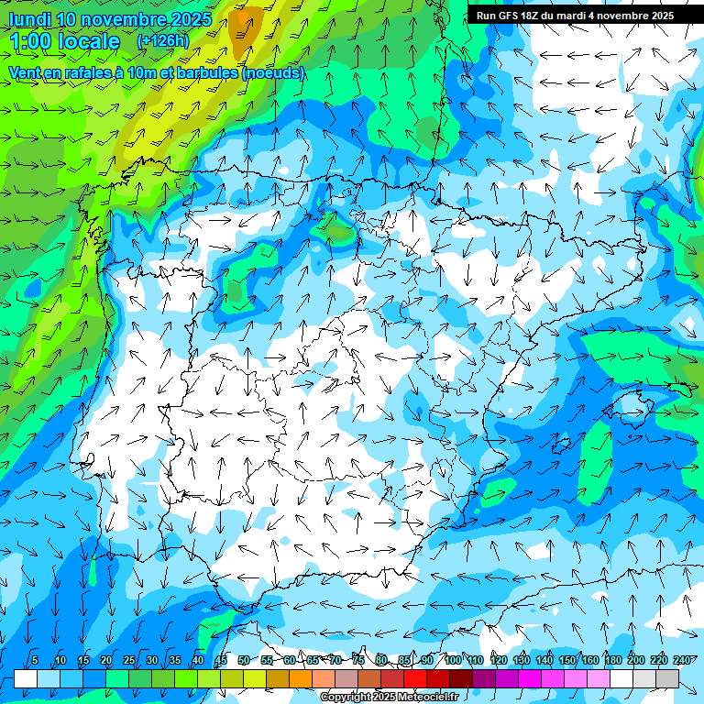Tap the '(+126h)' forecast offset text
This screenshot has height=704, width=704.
164,41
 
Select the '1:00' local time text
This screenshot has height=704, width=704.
30,41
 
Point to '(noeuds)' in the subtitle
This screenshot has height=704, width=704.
273,72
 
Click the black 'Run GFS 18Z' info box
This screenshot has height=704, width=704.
575,15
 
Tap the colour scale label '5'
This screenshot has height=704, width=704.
35,661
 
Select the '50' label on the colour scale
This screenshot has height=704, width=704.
243,661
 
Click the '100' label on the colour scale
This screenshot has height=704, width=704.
453,661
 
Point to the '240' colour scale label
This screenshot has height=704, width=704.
682,661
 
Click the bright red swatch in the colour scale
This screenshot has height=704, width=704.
415,678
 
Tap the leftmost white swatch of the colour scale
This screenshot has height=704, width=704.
26,678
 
